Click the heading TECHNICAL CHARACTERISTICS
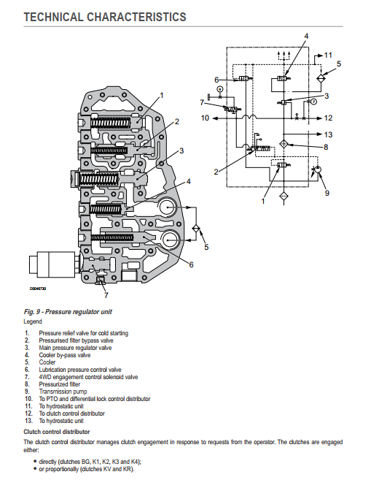[x=105, y=17]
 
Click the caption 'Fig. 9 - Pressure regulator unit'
[x=68, y=312]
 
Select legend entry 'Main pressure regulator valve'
[x=75, y=348]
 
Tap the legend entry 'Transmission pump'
[x=63, y=392]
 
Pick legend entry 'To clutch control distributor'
[x=71, y=413]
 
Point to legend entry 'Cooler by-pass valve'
[x=65, y=355]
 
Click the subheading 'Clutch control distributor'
[x=57, y=432]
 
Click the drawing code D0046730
[x=38, y=289]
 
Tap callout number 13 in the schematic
[x=328, y=134]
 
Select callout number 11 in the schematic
[x=328, y=55]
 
